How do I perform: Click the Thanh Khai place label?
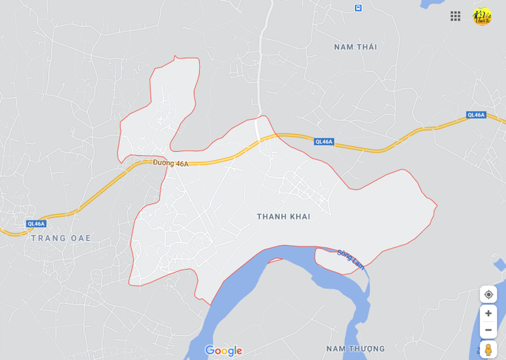(x=283, y=217)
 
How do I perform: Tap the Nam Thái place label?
(x=355, y=47)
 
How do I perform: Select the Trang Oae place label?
(x=61, y=238)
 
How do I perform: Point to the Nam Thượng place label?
(x=355, y=348)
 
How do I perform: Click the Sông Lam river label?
(x=350, y=259)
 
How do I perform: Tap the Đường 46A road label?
(x=171, y=164)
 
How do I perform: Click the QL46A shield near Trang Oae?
(x=36, y=224)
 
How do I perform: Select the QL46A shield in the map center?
(x=324, y=142)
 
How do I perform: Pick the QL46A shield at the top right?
(x=476, y=115)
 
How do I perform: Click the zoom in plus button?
(x=489, y=313)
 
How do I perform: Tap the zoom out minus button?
(x=489, y=330)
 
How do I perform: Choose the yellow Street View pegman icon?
(x=489, y=350)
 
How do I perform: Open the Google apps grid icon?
(x=455, y=16)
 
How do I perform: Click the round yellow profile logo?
(x=482, y=16)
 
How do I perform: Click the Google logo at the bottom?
(x=224, y=351)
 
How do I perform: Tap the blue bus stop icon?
(x=358, y=8)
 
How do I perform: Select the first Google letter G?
(x=209, y=350)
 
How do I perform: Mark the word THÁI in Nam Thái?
(x=367, y=47)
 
